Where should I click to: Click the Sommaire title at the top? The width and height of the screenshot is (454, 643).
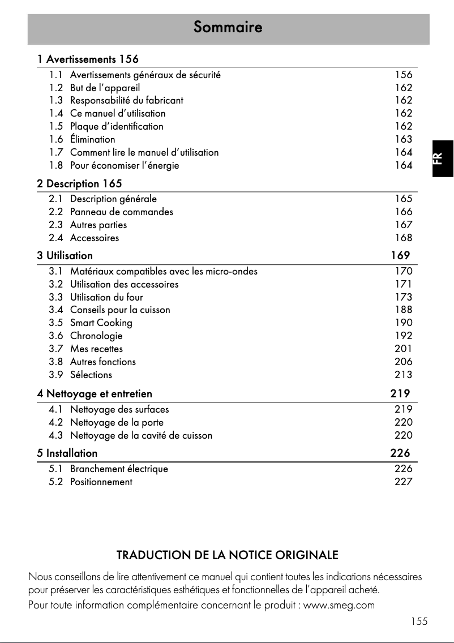pos(228,27)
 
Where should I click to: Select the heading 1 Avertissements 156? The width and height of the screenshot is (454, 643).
pos(88,59)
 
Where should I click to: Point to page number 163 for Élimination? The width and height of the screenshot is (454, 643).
pos(404,139)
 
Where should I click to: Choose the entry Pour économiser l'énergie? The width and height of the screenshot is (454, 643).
pos(124,165)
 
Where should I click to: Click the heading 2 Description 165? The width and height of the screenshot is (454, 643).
pos(79,184)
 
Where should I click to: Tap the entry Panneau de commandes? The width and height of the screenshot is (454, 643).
pos(121,212)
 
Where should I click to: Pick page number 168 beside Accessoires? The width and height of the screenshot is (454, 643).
pos(404,238)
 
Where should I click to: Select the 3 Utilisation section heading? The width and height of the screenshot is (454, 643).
pos(65,255)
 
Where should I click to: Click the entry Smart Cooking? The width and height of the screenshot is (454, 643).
pos(101,323)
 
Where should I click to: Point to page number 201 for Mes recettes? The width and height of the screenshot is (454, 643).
pos(404,349)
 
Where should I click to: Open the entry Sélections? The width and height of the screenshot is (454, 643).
pos(91,375)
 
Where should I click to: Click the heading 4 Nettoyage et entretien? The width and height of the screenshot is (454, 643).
pos(95,393)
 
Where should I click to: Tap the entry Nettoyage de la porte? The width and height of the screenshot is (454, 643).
pos(117,422)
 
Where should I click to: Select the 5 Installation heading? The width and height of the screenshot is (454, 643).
pos(67,453)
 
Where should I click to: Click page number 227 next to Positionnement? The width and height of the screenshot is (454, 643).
pos(404,482)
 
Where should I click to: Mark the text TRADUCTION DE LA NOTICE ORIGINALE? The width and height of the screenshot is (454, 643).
pos(227,555)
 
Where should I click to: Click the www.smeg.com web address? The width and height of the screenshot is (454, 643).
pos(339,605)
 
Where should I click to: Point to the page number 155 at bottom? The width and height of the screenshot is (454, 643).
pos(419,621)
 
